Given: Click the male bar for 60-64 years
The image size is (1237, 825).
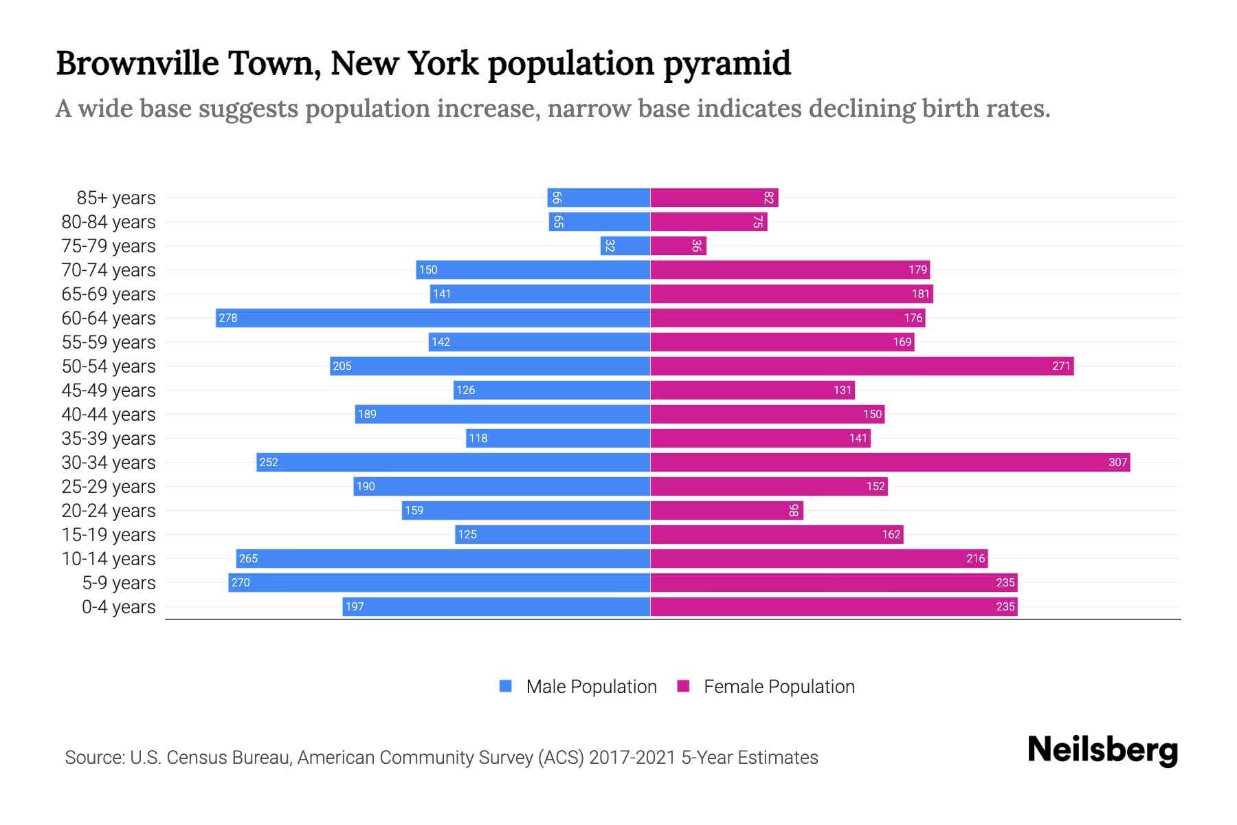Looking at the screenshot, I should tap(433, 318).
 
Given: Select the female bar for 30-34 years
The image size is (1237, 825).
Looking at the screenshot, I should tap(890, 462).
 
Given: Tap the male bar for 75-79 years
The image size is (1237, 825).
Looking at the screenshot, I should tap(625, 245).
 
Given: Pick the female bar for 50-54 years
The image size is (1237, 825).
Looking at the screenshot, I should tap(862, 366).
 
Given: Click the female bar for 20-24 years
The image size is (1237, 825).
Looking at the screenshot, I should tap(726, 510).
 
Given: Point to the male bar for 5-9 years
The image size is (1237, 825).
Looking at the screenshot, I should tap(439, 582).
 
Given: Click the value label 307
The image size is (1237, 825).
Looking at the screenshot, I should tap(1117, 462).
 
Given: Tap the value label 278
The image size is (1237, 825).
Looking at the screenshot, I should tap(228, 318).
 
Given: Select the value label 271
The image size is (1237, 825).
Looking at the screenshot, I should tap(1061, 366).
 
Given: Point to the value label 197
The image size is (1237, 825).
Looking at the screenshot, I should tap(355, 606).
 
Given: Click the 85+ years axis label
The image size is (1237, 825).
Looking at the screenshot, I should tap(116, 198).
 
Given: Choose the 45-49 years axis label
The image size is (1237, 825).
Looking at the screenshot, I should tap(109, 390).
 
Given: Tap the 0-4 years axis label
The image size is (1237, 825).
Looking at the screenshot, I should tap(118, 607).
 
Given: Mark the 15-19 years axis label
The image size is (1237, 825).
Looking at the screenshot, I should tap(109, 535).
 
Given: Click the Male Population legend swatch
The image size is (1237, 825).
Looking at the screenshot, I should tap(506, 686).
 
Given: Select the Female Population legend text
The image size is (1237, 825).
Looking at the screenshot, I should tap(779, 686).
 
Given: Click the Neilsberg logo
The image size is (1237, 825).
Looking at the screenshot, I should tap(1102, 750).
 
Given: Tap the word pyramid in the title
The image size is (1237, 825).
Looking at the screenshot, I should tap(726, 64).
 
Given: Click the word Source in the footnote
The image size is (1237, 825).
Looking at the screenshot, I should tap(94, 758).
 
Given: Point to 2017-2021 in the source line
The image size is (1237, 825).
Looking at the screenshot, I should tap(632, 758).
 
